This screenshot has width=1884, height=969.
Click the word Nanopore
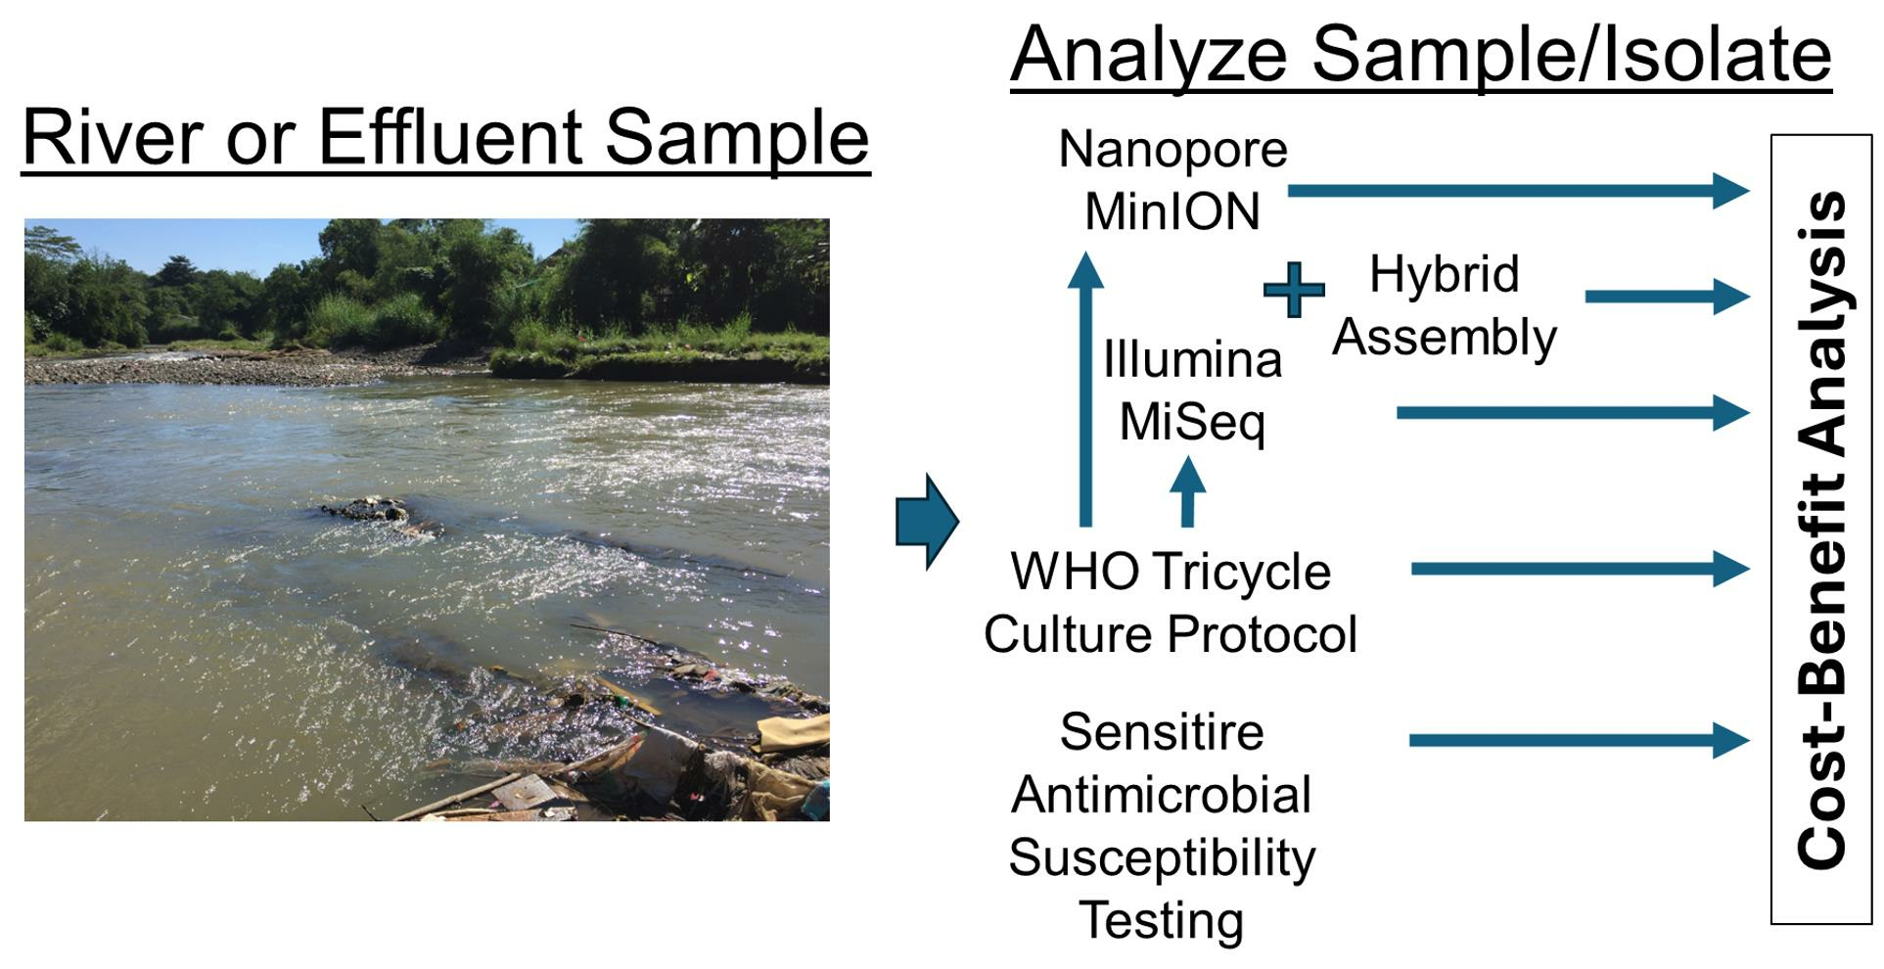tap(1172, 150)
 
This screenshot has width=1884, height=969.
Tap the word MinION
tap(1172, 211)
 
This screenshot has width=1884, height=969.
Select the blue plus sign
tap(1294, 290)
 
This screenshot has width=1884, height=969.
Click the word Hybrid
tap(1444, 275)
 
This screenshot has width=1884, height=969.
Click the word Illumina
tap(1192, 359)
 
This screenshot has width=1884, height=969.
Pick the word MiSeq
tap(1192, 423)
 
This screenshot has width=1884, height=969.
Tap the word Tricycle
tap(1241, 573)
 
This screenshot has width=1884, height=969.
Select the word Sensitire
tap(1162, 732)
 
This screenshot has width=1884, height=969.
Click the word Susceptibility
tap(1162, 858)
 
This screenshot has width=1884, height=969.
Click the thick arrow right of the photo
tap(927, 522)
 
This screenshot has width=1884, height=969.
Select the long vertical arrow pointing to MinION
tap(1085, 390)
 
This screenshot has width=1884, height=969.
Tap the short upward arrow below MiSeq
tap(1188, 492)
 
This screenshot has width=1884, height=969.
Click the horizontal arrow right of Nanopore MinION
tap(1518, 190)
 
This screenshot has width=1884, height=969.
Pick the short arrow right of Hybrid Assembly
tap(1667, 296)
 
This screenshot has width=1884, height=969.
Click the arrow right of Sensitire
tap(1579, 740)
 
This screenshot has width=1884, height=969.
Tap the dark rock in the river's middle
tap(367, 509)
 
